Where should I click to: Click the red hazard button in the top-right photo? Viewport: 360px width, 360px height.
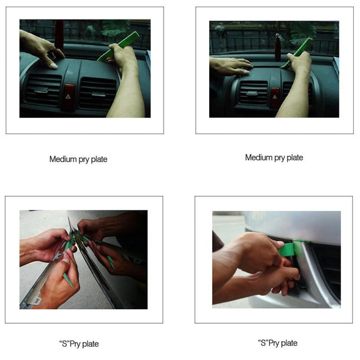coord(275,95)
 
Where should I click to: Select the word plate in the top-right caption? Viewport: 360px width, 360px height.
coord(294,157)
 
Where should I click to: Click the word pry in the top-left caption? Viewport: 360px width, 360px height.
coord(85,160)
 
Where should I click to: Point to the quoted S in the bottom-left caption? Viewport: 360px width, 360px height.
coord(63,344)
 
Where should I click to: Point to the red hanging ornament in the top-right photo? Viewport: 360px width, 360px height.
coord(277,47)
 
